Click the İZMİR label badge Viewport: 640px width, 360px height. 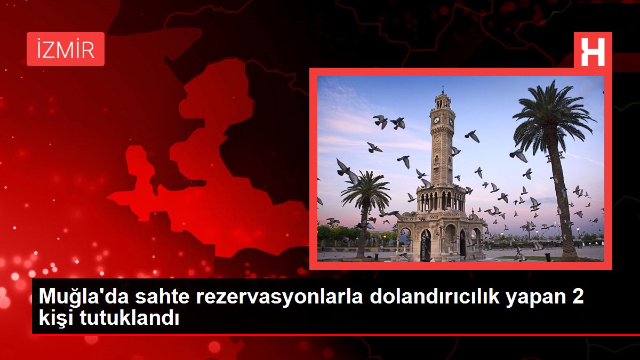[x=66, y=49]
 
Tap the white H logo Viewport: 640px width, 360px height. [x=593, y=52]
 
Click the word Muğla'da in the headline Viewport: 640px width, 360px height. [x=84, y=297]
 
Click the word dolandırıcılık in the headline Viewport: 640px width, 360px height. [x=435, y=297]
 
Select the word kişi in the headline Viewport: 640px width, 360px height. [x=57, y=318]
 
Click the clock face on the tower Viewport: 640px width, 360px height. [x=437, y=120]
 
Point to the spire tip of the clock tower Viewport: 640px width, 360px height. [x=443, y=88]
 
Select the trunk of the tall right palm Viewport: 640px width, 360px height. [x=562, y=200]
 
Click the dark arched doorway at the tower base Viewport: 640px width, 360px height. [x=426, y=245]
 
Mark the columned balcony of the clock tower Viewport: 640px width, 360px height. [x=441, y=201]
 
